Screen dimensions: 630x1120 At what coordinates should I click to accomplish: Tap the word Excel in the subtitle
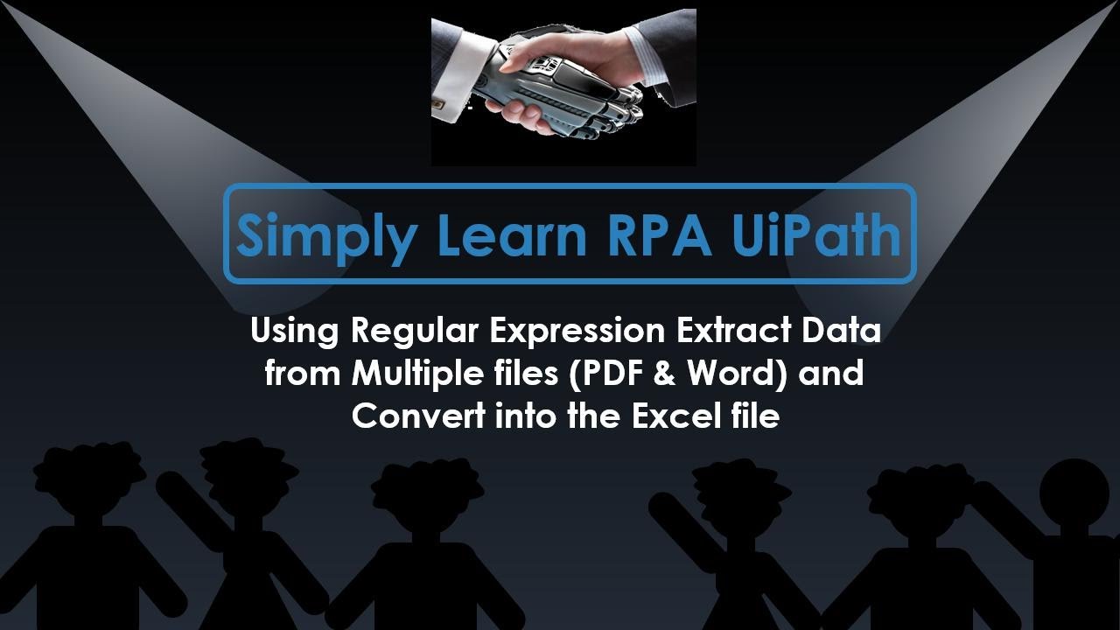pos(672,416)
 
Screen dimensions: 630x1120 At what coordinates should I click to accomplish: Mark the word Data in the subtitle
pos(843,332)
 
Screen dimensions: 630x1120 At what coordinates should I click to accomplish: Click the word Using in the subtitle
pos(295,333)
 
